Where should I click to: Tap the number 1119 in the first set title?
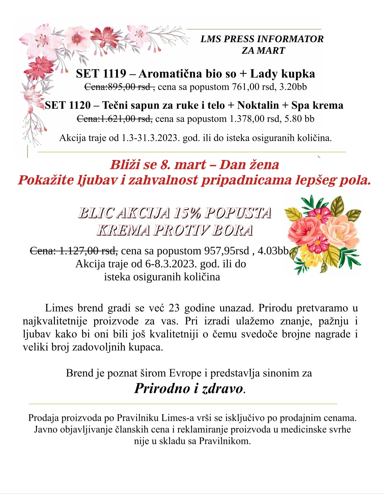click(114, 74)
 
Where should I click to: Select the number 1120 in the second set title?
click(80, 105)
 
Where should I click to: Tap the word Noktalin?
click(258, 105)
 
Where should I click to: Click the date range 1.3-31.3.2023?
click(150, 138)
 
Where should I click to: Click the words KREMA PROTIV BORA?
click(175, 230)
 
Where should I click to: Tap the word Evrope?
click(185, 373)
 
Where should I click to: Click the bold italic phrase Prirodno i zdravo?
click(189, 388)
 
